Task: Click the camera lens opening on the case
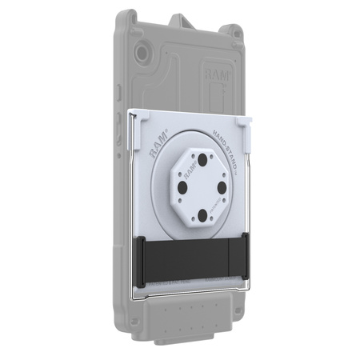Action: tap(142, 54)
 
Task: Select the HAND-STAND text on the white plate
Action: tap(226, 145)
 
